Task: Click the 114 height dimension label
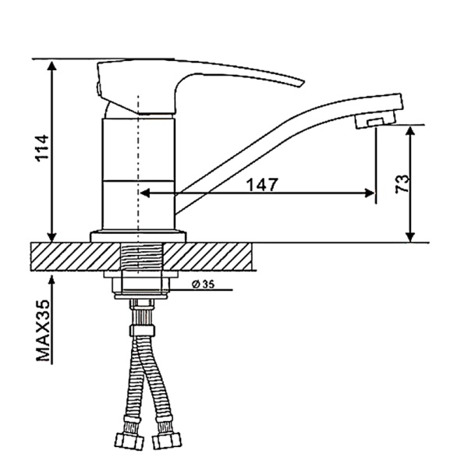pyautogui.click(x=42, y=148)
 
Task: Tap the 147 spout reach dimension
pyautogui.click(x=263, y=184)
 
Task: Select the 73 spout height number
pyautogui.click(x=402, y=184)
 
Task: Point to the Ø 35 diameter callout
pyautogui.click(x=203, y=285)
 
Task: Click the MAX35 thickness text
pyautogui.click(x=43, y=331)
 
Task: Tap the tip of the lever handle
pyautogui.click(x=303, y=82)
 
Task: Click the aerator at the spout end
pyautogui.click(x=375, y=119)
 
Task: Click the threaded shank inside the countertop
pyautogui.click(x=142, y=256)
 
